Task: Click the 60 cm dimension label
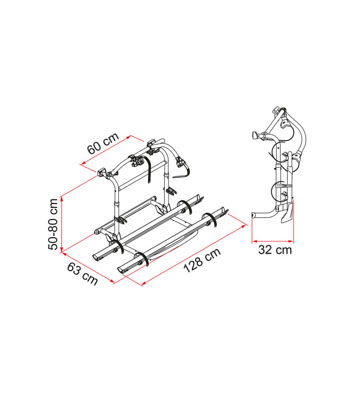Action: pyautogui.click(x=103, y=143)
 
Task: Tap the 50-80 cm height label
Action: pyautogui.click(x=53, y=224)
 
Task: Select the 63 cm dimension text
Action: pyautogui.click(x=82, y=274)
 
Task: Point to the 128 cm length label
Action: pyautogui.click(x=202, y=260)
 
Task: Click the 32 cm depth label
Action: pyautogui.click(x=275, y=250)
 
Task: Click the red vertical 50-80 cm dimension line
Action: pyautogui.click(x=61, y=224)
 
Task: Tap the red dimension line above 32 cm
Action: pyautogui.click(x=272, y=241)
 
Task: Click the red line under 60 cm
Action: pyautogui.click(x=106, y=150)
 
